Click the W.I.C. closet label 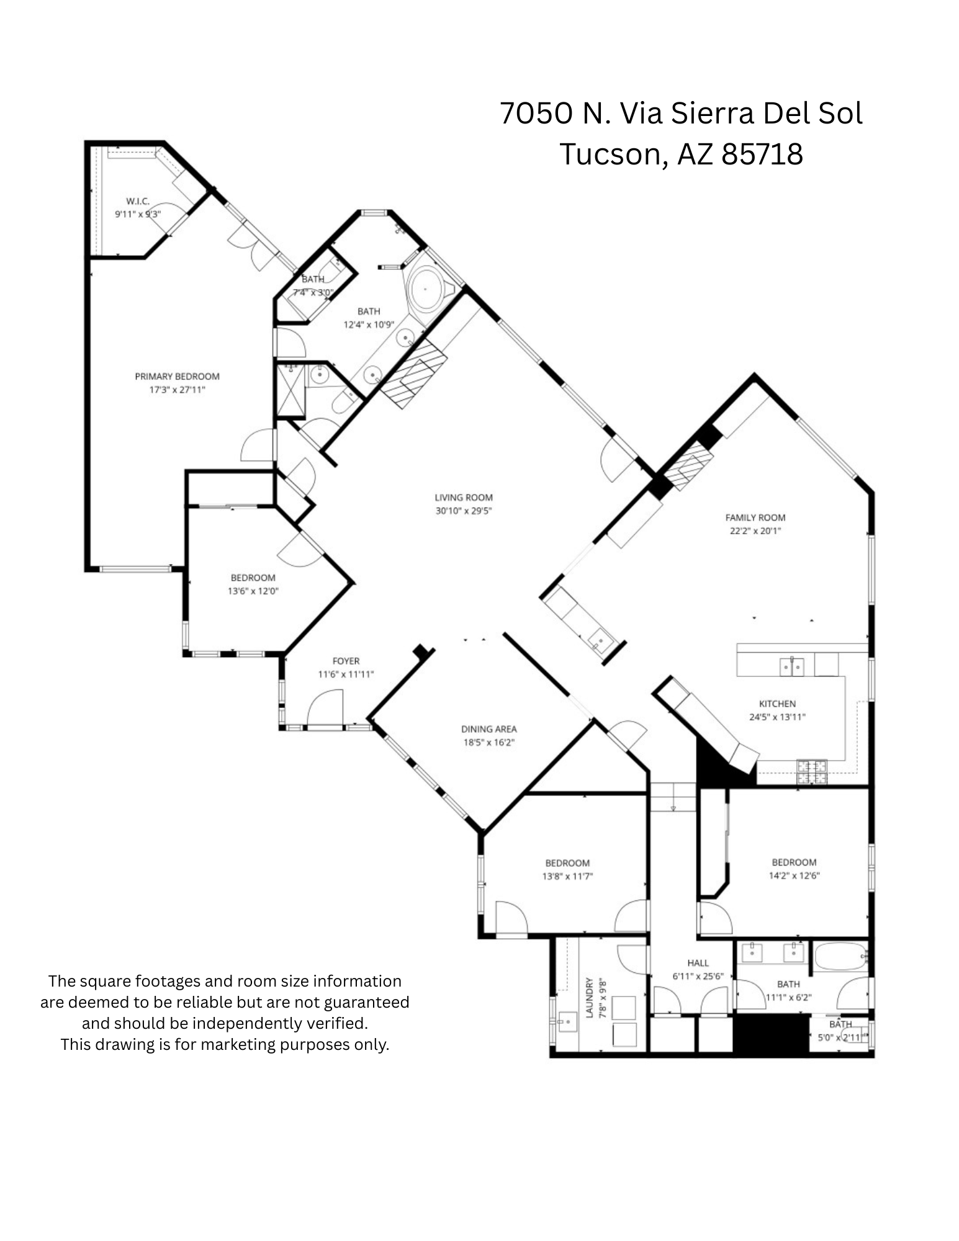(137, 201)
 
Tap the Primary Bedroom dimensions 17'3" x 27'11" (177, 390)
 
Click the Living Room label (463, 497)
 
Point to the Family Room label (755, 517)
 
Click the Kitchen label (777, 704)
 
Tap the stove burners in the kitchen (812, 771)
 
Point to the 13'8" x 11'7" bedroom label (567, 863)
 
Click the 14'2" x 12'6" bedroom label (794, 862)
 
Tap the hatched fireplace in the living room (413, 376)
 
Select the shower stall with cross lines (290, 390)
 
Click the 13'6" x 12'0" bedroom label (253, 578)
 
